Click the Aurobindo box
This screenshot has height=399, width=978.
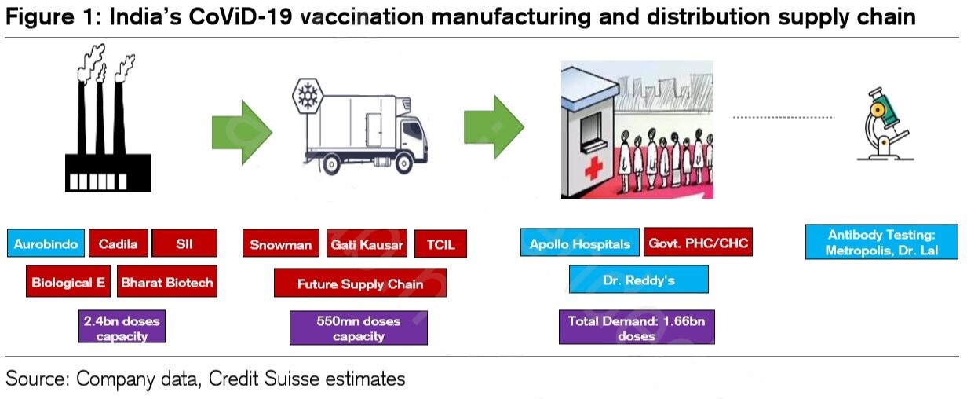(46, 243)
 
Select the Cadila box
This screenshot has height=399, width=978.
(118, 243)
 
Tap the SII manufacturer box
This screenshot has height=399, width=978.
(184, 243)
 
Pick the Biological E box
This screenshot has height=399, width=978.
(69, 283)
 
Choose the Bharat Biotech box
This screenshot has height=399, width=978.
(166, 283)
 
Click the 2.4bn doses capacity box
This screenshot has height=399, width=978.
(122, 328)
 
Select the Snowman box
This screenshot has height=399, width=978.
(280, 244)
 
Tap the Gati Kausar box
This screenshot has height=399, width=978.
(367, 244)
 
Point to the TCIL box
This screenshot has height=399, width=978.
(440, 244)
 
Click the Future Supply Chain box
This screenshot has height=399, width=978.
(359, 284)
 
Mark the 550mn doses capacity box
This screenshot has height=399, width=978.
(358, 328)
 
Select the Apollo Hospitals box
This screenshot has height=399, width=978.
(579, 243)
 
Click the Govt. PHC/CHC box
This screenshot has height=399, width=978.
(697, 243)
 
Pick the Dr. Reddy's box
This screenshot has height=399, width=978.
(638, 280)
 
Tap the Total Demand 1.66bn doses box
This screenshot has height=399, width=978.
(636, 328)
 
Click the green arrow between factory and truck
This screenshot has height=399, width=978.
(242, 131)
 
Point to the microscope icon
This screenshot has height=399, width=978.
(885, 123)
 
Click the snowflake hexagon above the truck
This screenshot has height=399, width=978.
(306, 94)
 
